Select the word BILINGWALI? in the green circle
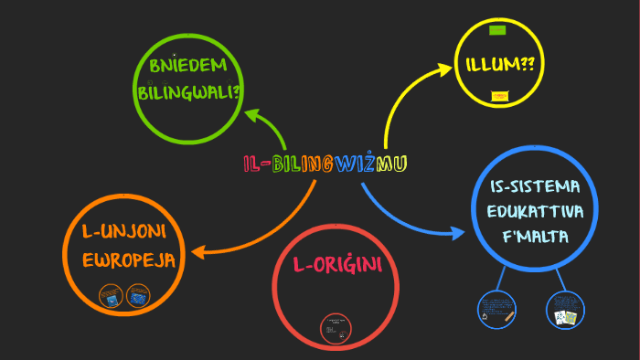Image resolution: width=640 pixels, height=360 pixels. pyautogui.click(x=188, y=92)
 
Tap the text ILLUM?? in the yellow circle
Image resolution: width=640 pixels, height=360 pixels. pyautogui.click(x=499, y=65)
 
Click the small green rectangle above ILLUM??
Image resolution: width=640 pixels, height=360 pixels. pyautogui.click(x=497, y=30)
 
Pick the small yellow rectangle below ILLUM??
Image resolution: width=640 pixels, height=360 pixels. pyautogui.click(x=499, y=95)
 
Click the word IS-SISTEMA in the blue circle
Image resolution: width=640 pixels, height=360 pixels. pyautogui.click(x=535, y=187)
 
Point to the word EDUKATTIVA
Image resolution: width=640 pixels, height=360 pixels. pyautogui.click(x=535, y=212)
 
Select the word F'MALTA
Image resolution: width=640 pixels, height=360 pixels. pyautogui.click(x=535, y=238)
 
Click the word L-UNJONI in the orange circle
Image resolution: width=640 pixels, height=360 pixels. pyautogui.click(x=128, y=230)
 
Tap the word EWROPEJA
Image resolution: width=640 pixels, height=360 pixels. pyautogui.click(x=128, y=258)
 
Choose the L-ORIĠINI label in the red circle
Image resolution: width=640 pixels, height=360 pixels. pyautogui.click(x=336, y=266)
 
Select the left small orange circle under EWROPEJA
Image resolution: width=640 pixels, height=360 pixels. pyautogui.click(x=111, y=297)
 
